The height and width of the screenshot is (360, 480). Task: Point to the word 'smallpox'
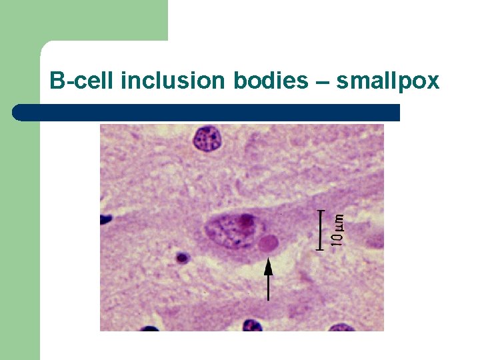(x=387, y=81)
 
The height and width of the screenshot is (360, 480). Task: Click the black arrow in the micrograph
(x=268, y=280)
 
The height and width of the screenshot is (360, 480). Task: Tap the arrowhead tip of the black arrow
(x=268, y=261)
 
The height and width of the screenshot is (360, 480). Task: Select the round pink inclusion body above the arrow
(x=269, y=243)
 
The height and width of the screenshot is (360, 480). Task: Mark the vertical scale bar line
(x=321, y=230)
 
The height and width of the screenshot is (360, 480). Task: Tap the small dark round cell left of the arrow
(x=181, y=257)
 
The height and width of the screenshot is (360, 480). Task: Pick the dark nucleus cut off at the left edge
(x=105, y=219)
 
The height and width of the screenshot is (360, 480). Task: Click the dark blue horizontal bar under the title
(x=207, y=113)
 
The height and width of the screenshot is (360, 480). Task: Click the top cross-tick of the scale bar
(x=321, y=211)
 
